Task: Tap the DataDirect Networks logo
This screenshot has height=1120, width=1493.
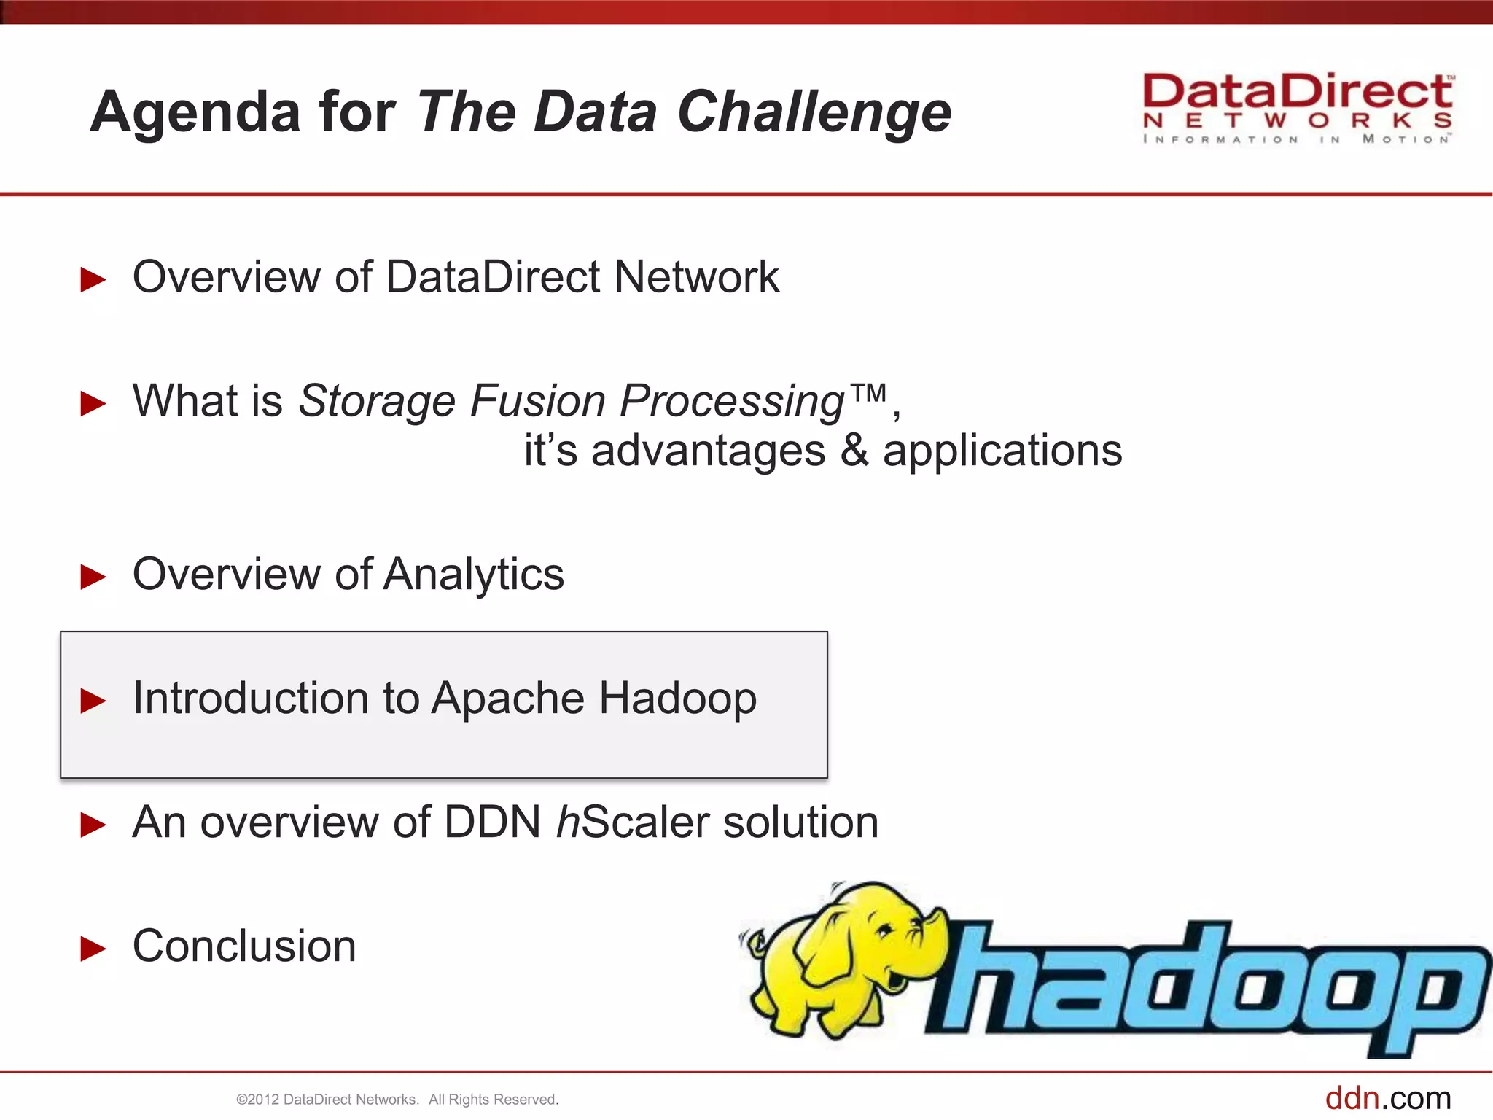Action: [x=1298, y=108]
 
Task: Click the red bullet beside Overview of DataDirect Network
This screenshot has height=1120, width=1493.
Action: [x=93, y=279]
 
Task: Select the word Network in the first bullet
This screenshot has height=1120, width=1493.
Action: [x=696, y=277]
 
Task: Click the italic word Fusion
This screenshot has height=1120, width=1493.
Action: [x=537, y=401]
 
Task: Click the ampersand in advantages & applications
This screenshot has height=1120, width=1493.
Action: [x=854, y=451]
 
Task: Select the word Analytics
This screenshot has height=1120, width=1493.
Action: [x=473, y=575]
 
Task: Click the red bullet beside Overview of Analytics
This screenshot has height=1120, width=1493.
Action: [x=93, y=576]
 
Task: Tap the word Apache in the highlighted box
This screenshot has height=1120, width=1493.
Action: [x=507, y=699]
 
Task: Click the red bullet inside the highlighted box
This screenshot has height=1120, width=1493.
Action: [x=93, y=700]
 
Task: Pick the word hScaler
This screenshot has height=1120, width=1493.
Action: [x=632, y=822]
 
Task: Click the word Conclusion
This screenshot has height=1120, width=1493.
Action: [x=244, y=946]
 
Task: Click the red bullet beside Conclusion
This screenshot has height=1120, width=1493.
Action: [x=93, y=948]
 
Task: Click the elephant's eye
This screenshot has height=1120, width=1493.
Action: [x=884, y=929]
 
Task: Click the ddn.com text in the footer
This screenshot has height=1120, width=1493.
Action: [x=1387, y=1098]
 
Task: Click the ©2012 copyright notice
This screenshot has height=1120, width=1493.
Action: [x=397, y=1100]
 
